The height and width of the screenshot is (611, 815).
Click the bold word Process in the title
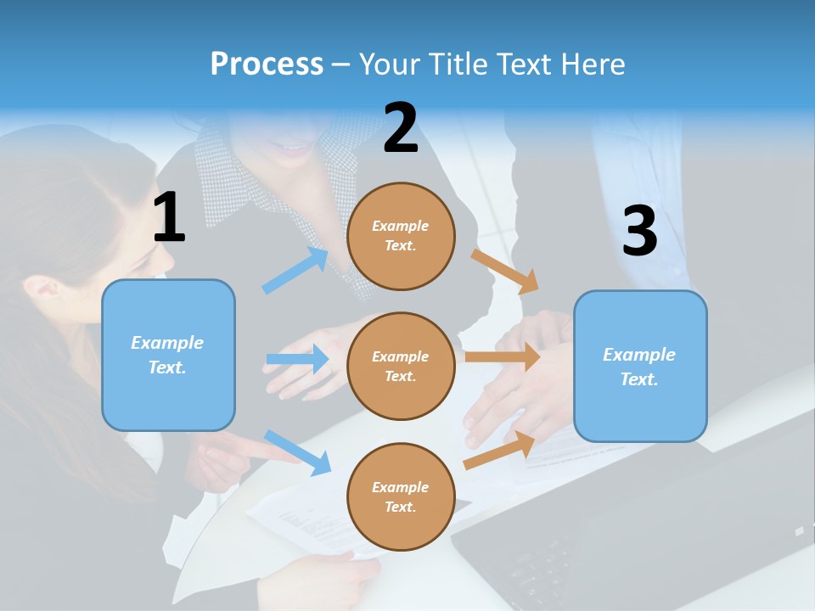coord(267,64)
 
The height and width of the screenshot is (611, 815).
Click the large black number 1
coord(169,218)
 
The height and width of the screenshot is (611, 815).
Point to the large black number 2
coord(401,128)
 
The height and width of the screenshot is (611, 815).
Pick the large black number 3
coord(640,231)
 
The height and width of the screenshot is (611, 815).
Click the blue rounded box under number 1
coord(168,355)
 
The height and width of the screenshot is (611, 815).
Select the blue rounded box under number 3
coord(640,367)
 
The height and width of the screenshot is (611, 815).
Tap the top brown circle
coord(401,236)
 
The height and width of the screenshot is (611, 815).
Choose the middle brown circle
coord(401,366)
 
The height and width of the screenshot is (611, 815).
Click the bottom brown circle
coord(401,496)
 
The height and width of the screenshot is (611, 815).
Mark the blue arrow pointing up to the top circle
coord(296,271)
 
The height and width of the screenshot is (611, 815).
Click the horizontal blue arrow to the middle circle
coord(298,359)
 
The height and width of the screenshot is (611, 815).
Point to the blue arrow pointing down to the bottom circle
coord(298,452)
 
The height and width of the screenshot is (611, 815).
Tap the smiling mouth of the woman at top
coord(293,150)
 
